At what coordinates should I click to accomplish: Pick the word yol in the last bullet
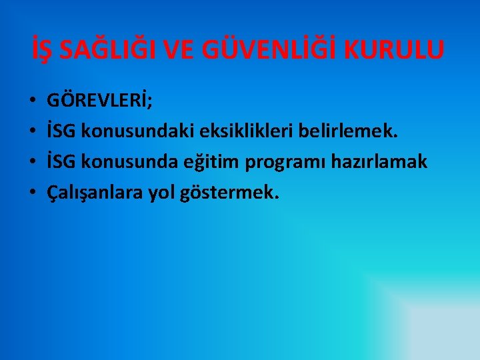coord(163,193)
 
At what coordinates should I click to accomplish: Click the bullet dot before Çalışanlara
coord(32,193)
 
